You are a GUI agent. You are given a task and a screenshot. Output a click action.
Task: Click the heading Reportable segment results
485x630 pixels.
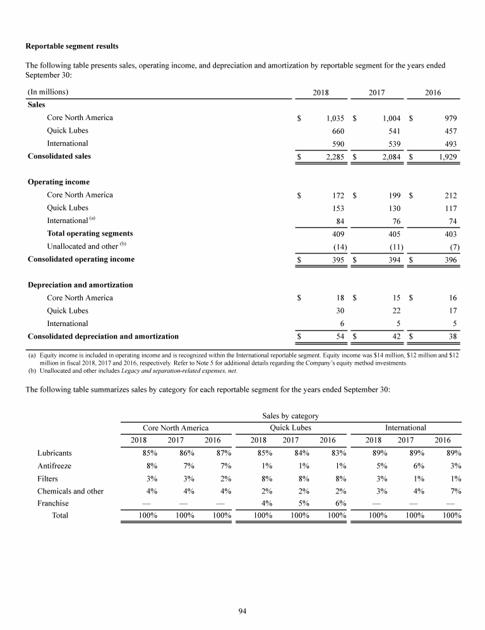71,46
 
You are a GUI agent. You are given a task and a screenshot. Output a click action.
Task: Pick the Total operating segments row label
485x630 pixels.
90,233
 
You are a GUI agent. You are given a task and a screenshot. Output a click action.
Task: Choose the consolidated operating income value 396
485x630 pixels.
450,259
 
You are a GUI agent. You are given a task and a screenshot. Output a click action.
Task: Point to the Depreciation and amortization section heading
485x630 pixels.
80,285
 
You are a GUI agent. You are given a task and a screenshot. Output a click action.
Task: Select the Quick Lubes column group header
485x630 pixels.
290,428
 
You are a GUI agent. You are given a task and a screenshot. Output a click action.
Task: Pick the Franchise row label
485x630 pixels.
53,503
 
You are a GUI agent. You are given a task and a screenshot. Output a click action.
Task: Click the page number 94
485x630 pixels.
242,610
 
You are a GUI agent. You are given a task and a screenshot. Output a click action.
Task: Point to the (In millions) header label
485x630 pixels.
48,92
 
